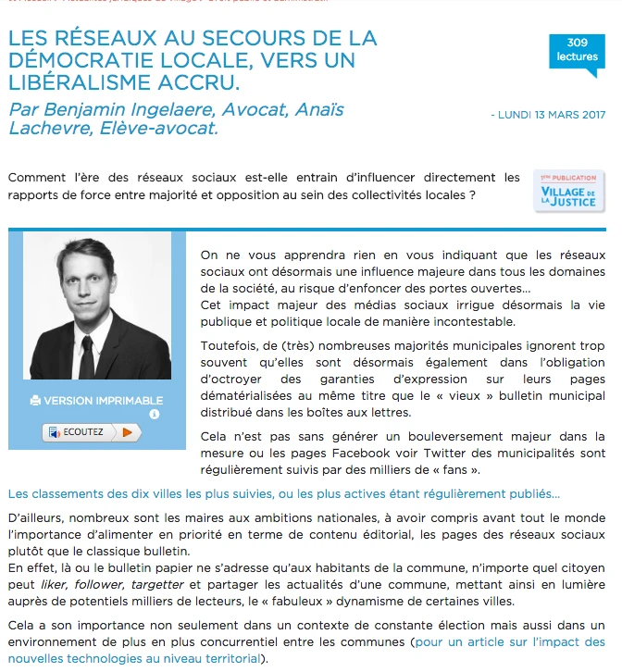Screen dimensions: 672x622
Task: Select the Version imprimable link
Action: [x=103, y=401]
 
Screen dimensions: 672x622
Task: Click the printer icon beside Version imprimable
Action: [x=35, y=401]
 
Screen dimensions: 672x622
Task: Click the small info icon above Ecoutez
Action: [x=154, y=414]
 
